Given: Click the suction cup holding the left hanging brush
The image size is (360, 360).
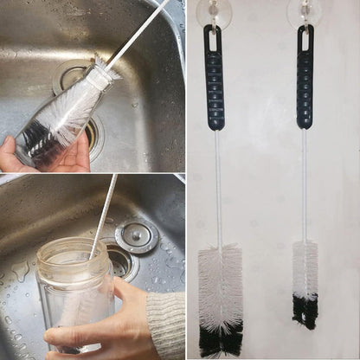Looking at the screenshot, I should click(x=214, y=10).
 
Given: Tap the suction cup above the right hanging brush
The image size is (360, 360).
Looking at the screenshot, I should click(x=305, y=10).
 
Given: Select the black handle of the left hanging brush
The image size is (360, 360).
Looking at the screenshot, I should click(x=215, y=87).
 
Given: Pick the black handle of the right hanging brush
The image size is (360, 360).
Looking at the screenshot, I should click(x=305, y=87).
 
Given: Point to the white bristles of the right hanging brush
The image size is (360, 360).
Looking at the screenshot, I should click(x=305, y=268).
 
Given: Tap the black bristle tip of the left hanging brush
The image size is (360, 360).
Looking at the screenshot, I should click(x=221, y=341).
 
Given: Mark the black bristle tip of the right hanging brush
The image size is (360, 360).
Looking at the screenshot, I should click(x=305, y=312).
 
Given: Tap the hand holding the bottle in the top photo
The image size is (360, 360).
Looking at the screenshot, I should click(x=43, y=156).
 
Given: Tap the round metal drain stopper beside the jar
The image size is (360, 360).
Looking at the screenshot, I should click(x=136, y=235).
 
